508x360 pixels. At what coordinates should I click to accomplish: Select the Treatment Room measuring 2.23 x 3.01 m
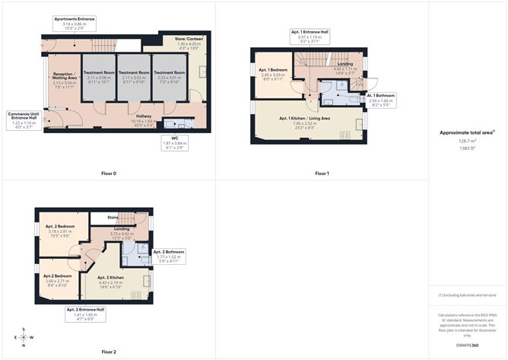point(169,76)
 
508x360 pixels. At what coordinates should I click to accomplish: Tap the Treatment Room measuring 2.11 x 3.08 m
point(98,76)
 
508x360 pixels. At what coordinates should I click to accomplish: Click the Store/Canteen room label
point(176,44)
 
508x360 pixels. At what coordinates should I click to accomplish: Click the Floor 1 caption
point(322,174)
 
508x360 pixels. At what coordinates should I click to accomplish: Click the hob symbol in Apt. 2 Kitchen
point(136,294)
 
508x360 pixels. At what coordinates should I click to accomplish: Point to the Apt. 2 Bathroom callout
point(168,255)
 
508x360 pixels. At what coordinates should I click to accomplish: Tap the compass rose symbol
point(24,338)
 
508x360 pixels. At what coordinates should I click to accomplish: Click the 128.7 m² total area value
point(467,141)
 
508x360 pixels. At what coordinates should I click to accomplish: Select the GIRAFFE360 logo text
point(467,345)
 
